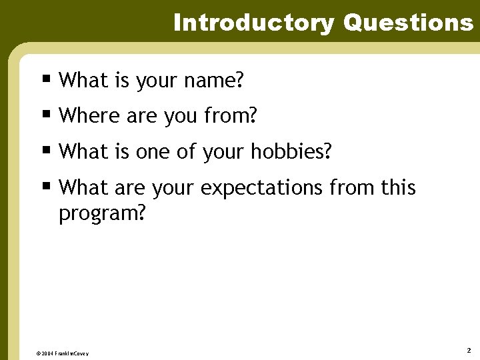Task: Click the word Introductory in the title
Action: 253,23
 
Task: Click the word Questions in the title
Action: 408,23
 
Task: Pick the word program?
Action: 102,215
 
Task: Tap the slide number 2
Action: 469,350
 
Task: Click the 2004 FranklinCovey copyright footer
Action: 62,353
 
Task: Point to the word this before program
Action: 399,188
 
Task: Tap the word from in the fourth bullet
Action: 352,188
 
